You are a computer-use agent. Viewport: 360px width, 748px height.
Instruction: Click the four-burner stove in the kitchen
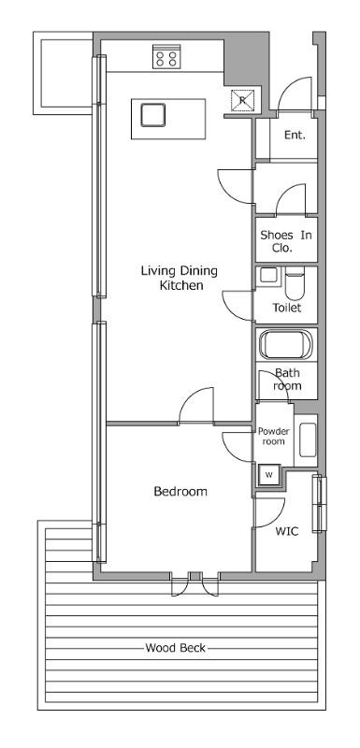tap(166, 56)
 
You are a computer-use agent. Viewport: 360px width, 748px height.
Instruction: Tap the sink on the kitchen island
tap(153, 115)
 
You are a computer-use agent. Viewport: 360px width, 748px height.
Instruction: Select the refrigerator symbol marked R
tap(242, 100)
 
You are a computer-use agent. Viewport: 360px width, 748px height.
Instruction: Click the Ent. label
tap(295, 135)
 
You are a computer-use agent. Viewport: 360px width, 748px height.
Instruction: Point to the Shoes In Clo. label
tap(285, 241)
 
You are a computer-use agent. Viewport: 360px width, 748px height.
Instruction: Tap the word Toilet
tap(287, 308)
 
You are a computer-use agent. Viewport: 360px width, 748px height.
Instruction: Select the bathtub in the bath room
tap(285, 344)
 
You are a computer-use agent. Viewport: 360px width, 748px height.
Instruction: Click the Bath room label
tap(287, 380)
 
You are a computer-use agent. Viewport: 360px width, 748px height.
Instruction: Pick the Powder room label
tap(274, 437)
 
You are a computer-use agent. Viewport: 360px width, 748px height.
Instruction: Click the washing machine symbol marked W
tap(269, 475)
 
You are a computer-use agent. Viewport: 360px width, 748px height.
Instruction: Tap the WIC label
tap(287, 531)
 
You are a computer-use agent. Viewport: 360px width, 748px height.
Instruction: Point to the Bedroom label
tap(180, 492)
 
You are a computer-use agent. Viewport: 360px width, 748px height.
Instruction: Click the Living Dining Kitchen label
tap(180, 278)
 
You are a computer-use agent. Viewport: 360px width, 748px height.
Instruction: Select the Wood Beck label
tap(176, 648)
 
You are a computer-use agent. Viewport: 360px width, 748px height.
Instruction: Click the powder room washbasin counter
tap(306, 440)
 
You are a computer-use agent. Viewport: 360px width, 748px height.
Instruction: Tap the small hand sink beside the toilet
tap(268, 276)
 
